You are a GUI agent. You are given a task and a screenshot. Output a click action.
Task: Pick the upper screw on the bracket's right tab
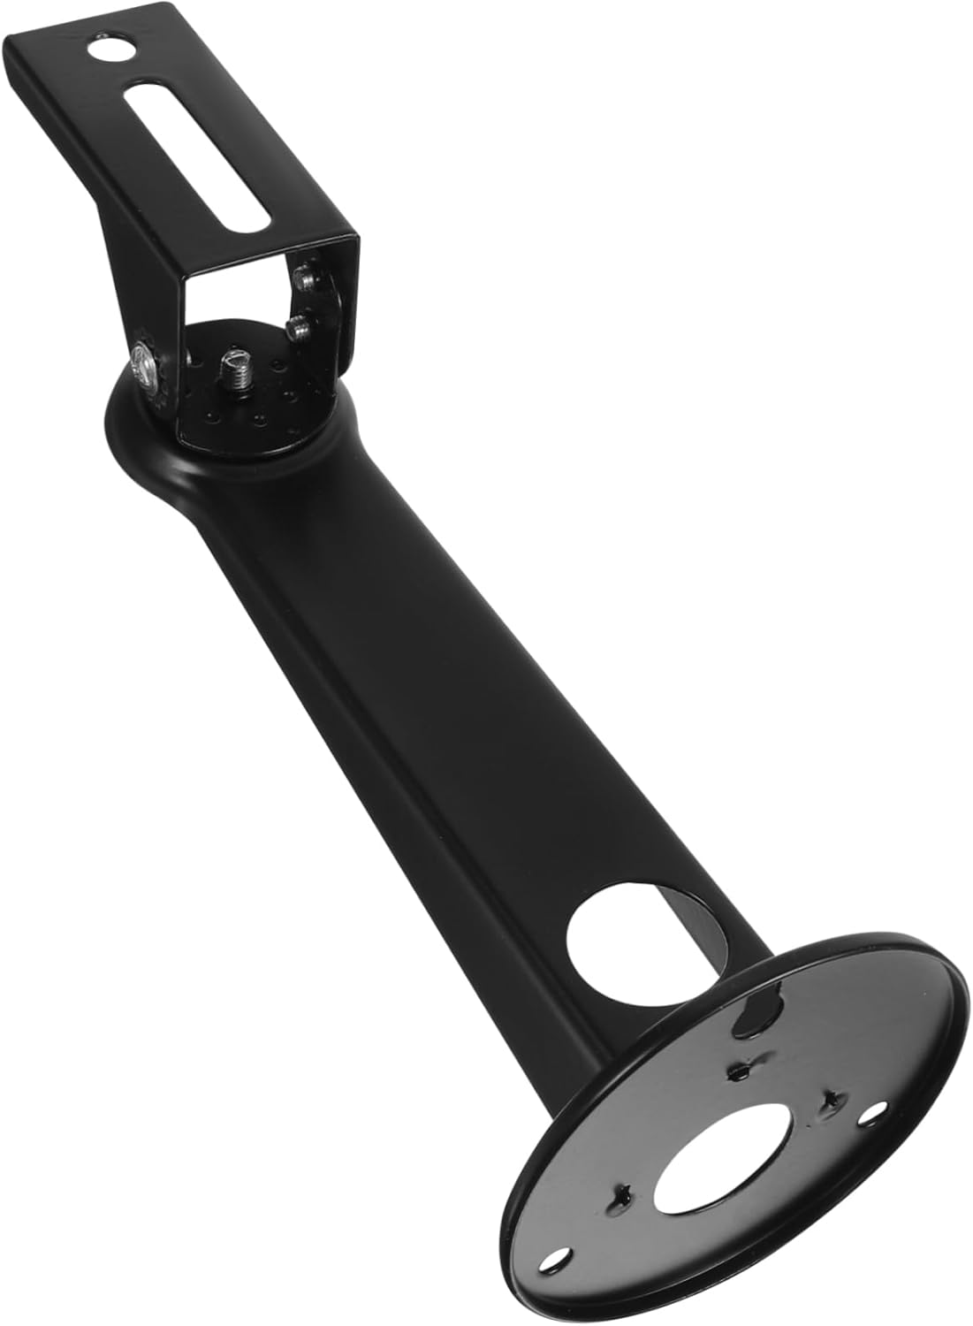[306, 278]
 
